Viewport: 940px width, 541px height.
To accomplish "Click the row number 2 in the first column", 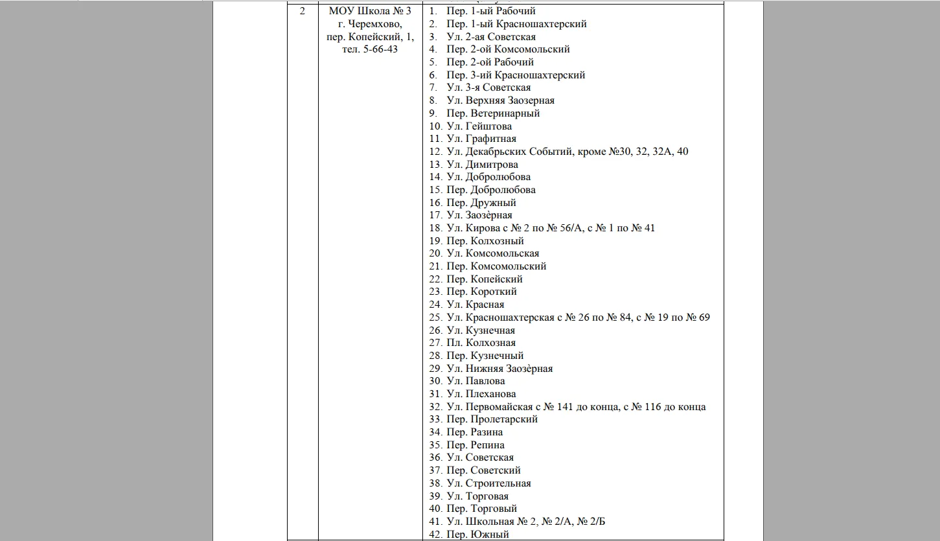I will click(303, 11).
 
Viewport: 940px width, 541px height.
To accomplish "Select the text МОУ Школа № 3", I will click(369, 11).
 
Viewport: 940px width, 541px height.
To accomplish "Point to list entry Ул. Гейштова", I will click(479, 126).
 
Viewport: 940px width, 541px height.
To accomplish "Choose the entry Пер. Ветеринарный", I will click(493, 113).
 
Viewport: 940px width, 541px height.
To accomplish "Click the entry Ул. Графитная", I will click(481, 139).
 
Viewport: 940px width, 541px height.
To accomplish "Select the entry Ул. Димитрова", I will click(482, 165).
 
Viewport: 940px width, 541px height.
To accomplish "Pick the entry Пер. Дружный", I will click(481, 203).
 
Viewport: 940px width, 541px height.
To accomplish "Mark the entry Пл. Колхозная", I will click(481, 343).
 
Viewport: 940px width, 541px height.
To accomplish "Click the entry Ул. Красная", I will click(475, 305).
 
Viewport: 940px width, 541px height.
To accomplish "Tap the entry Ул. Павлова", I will click(476, 381).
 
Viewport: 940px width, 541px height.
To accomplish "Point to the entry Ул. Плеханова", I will click(481, 394).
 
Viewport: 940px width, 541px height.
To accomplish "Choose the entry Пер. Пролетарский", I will click(492, 419).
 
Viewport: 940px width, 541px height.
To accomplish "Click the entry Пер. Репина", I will click(476, 445).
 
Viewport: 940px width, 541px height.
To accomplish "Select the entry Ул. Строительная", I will click(488, 483).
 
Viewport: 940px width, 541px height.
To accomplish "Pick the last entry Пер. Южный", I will click(477, 535).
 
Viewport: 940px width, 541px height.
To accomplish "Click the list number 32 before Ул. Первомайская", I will click(435, 407).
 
